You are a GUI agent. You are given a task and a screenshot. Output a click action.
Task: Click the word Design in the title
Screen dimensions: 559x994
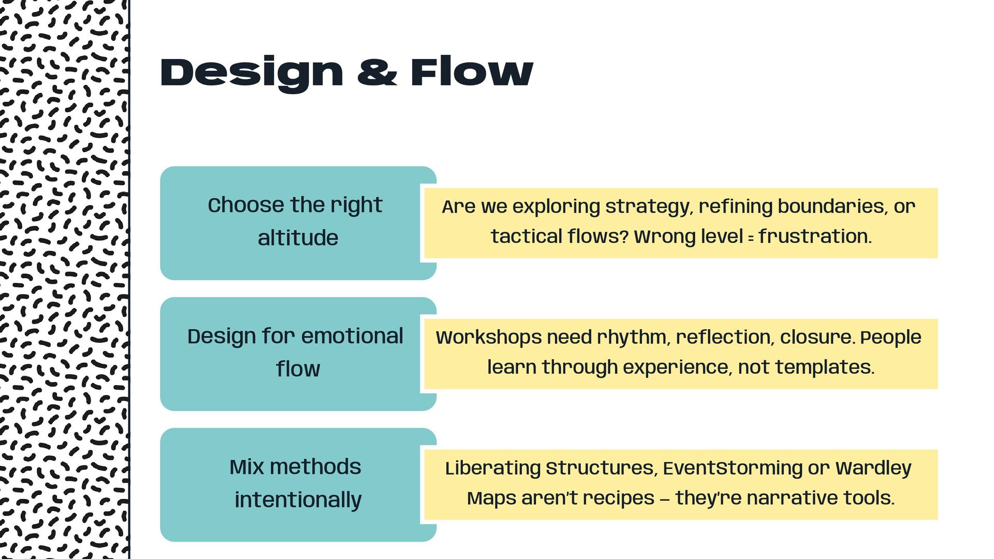coord(252,73)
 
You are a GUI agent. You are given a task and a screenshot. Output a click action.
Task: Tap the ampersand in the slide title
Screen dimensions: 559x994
coord(377,73)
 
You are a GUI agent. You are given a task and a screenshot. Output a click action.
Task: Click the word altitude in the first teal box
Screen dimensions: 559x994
coord(298,238)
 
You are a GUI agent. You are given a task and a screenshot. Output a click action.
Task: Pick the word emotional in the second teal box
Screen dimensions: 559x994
coord(352,336)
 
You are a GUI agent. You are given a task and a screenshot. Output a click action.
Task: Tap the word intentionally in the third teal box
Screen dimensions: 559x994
coord(298,500)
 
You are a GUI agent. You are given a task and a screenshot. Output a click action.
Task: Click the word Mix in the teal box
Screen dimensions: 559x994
coord(246,467)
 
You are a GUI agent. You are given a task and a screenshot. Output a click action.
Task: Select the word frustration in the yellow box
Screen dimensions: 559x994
coord(815,237)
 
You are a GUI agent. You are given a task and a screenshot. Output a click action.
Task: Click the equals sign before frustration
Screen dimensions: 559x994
coord(751,238)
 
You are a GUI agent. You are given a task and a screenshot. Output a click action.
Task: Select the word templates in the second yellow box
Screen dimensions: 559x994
coord(825,367)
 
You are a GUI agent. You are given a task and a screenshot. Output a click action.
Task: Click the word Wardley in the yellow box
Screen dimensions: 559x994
coord(873,468)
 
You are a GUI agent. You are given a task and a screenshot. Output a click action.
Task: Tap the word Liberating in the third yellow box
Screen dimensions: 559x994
coord(493,468)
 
